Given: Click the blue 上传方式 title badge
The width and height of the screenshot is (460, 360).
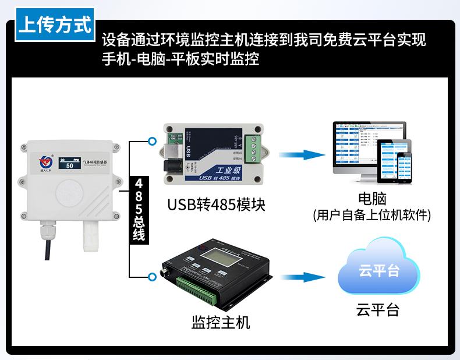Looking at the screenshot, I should tap(55, 26).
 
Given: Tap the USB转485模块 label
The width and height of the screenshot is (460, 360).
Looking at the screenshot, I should tap(215, 204).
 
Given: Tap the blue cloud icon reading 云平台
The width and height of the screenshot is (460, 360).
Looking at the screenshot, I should tap(378, 272).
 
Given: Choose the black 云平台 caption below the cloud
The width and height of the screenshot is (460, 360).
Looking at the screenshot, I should tap(378, 309).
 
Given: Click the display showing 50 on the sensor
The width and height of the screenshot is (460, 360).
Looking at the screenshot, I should tap(72, 163).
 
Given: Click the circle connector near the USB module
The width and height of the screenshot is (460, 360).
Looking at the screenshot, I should tap(153, 140).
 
